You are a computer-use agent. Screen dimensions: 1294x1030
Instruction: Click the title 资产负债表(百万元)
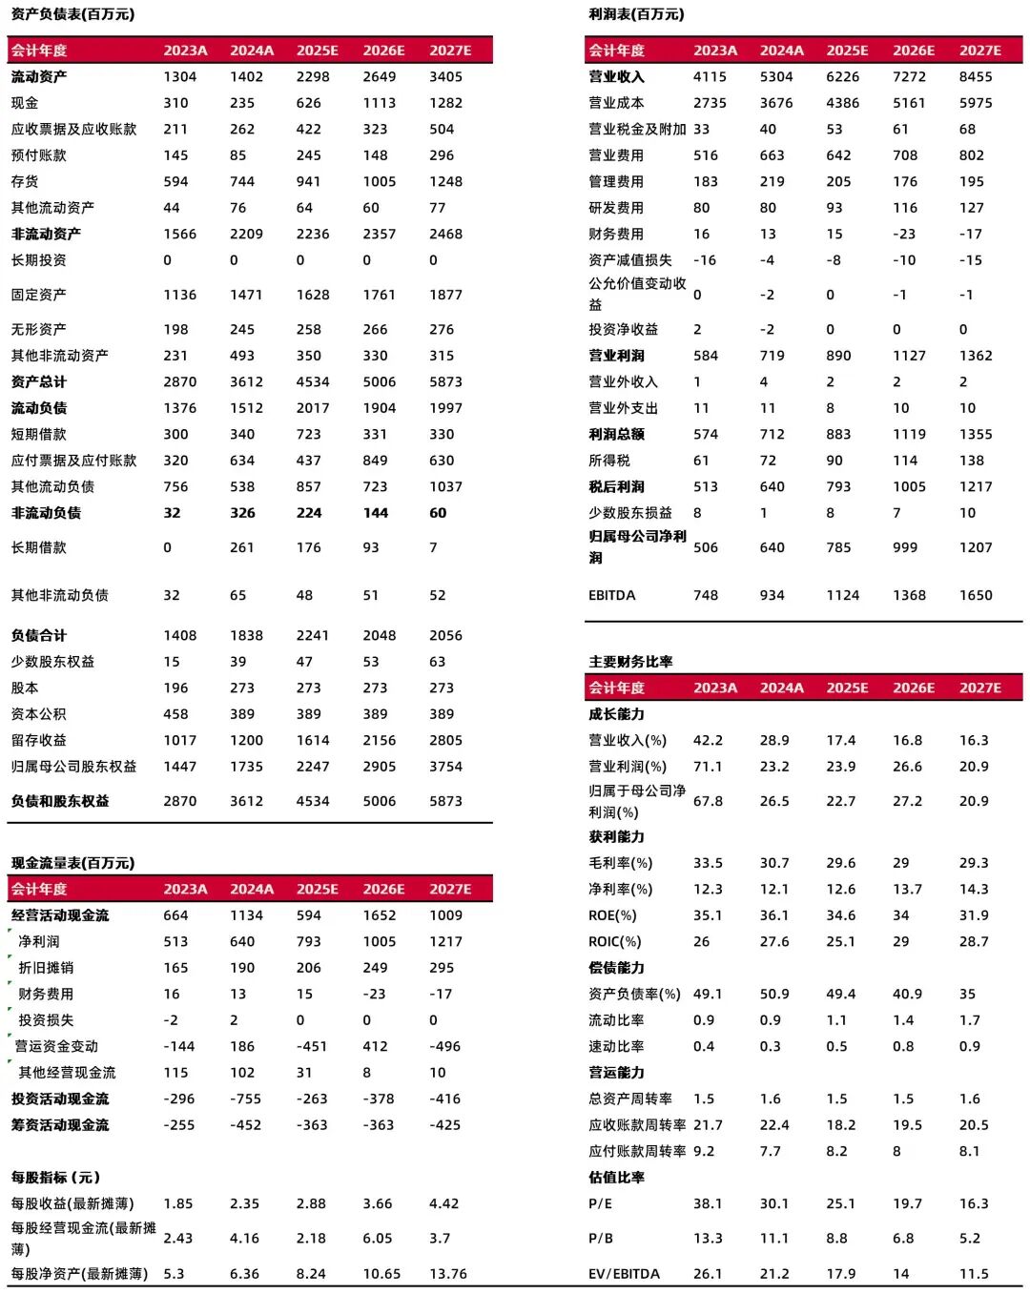(x=72, y=14)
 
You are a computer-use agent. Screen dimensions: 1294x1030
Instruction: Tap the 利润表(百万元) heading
(x=636, y=14)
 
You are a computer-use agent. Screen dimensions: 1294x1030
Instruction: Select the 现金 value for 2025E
(x=308, y=103)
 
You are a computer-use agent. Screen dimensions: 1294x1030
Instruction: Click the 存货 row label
(x=25, y=181)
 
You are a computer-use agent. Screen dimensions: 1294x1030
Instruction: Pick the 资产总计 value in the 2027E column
(x=445, y=381)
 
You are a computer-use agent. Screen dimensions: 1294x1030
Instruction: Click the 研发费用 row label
(x=615, y=208)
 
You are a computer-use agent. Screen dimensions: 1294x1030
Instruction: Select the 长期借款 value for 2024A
(x=242, y=547)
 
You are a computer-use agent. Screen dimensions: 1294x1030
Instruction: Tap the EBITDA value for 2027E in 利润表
(x=976, y=595)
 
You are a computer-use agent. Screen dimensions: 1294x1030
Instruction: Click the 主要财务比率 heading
(x=630, y=662)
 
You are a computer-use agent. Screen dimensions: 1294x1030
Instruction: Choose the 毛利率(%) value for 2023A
(x=708, y=863)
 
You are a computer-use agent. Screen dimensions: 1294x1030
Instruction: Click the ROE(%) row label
(x=612, y=915)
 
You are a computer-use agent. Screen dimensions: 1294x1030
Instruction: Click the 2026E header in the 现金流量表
(x=383, y=889)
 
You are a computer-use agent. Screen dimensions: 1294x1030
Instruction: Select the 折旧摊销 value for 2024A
(x=242, y=968)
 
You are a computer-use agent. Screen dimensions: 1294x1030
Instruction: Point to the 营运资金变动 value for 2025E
(x=312, y=1046)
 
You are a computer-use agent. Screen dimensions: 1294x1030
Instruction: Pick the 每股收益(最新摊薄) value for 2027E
(x=443, y=1203)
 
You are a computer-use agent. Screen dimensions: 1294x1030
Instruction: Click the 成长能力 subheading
(x=616, y=714)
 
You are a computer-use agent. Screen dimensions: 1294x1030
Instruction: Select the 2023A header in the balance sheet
(x=185, y=51)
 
